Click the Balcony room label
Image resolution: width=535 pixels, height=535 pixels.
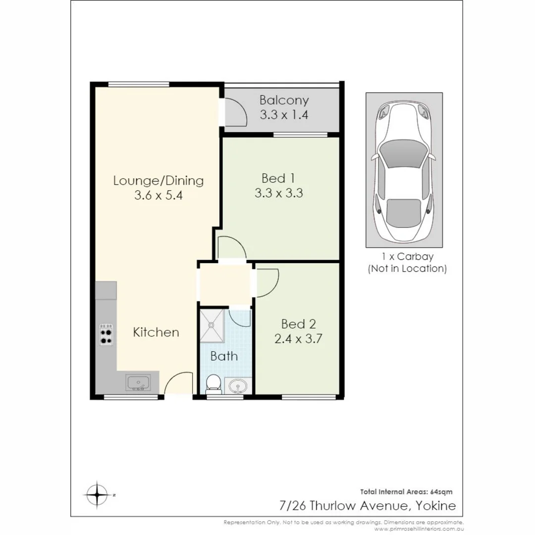point(284,100)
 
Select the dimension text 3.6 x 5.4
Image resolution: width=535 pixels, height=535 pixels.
point(159,196)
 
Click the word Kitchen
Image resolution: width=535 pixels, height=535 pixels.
point(156,332)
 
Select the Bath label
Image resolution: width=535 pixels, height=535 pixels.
point(224,356)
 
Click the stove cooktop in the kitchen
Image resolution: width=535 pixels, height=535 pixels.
point(106,334)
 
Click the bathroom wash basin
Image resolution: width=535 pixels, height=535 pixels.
point(238,385)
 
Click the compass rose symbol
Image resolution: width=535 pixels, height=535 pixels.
point(98,494)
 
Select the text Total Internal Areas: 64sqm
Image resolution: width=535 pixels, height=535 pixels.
point(406,492)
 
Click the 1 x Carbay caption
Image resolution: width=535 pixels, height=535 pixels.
point(407,257)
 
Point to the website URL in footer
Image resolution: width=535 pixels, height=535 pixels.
point(422,529)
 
